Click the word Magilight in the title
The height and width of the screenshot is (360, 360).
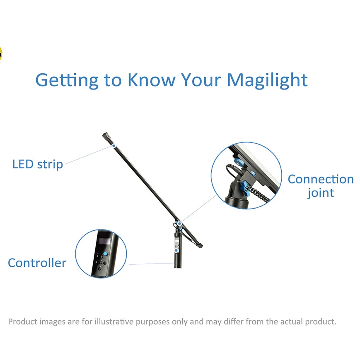click(267, 81)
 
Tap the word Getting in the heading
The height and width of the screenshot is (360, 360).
click(67, 81)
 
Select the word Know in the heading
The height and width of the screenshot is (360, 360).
click(151, 80)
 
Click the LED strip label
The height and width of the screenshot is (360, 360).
click(38, 165)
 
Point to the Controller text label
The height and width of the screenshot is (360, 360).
click(37, 263)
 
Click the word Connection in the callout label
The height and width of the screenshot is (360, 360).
click(321, 179)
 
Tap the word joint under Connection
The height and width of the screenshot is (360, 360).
click(321, 193)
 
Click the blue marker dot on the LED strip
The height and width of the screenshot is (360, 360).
click(114, 146)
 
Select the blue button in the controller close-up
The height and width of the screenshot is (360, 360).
click(106, 254)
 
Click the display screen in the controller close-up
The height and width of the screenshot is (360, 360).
click(104, 241)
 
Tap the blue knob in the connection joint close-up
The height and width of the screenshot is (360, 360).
click(246, 188)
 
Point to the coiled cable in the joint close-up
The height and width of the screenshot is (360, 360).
click(260, 194)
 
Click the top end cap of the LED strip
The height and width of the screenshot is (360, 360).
click(105, 135)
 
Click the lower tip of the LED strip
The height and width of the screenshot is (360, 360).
click(202, 246)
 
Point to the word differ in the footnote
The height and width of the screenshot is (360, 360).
click(234, 321)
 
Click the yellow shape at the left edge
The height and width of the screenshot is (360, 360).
click(1, 54)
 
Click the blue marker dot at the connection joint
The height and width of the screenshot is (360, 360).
click(179, 223)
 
